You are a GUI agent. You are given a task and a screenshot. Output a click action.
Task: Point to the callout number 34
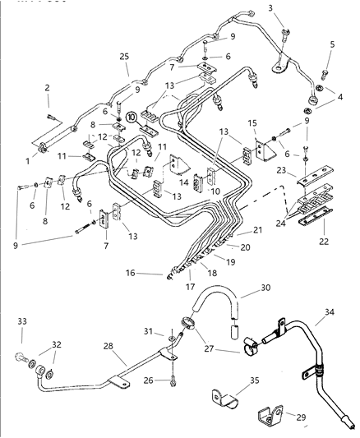tap(329, 313)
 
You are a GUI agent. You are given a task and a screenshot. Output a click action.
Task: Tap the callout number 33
tap(21, 321)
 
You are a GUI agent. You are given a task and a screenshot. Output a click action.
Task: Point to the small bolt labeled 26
tap(175, 380)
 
